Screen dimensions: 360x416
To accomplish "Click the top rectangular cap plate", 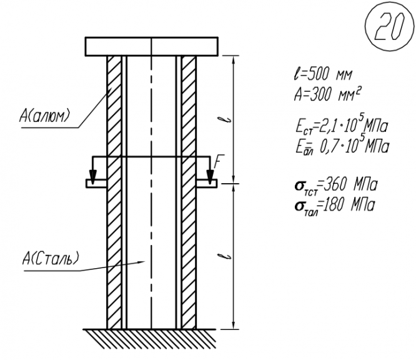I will [x=152, y=46].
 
